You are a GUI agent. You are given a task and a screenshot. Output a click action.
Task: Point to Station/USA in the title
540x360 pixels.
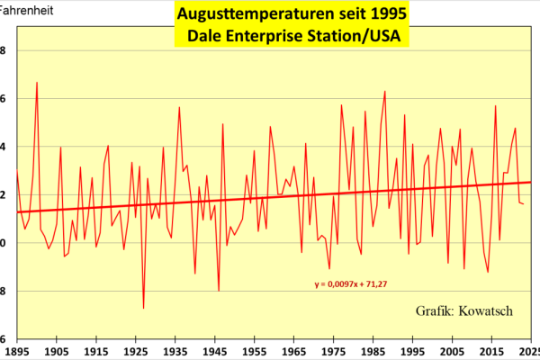pos(360,37)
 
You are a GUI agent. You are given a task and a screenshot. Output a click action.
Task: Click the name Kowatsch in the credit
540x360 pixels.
pos(486,310)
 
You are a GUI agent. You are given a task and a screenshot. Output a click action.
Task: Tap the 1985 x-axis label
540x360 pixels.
pos(373,352)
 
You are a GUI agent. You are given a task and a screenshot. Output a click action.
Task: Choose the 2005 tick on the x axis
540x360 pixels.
pos(451,352)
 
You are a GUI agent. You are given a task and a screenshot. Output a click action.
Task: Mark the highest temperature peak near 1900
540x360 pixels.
pos(37,83)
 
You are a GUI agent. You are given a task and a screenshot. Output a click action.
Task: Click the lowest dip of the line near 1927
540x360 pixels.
pos(143,308)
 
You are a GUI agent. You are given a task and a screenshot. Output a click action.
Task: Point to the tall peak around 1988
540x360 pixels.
pos(384,91)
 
